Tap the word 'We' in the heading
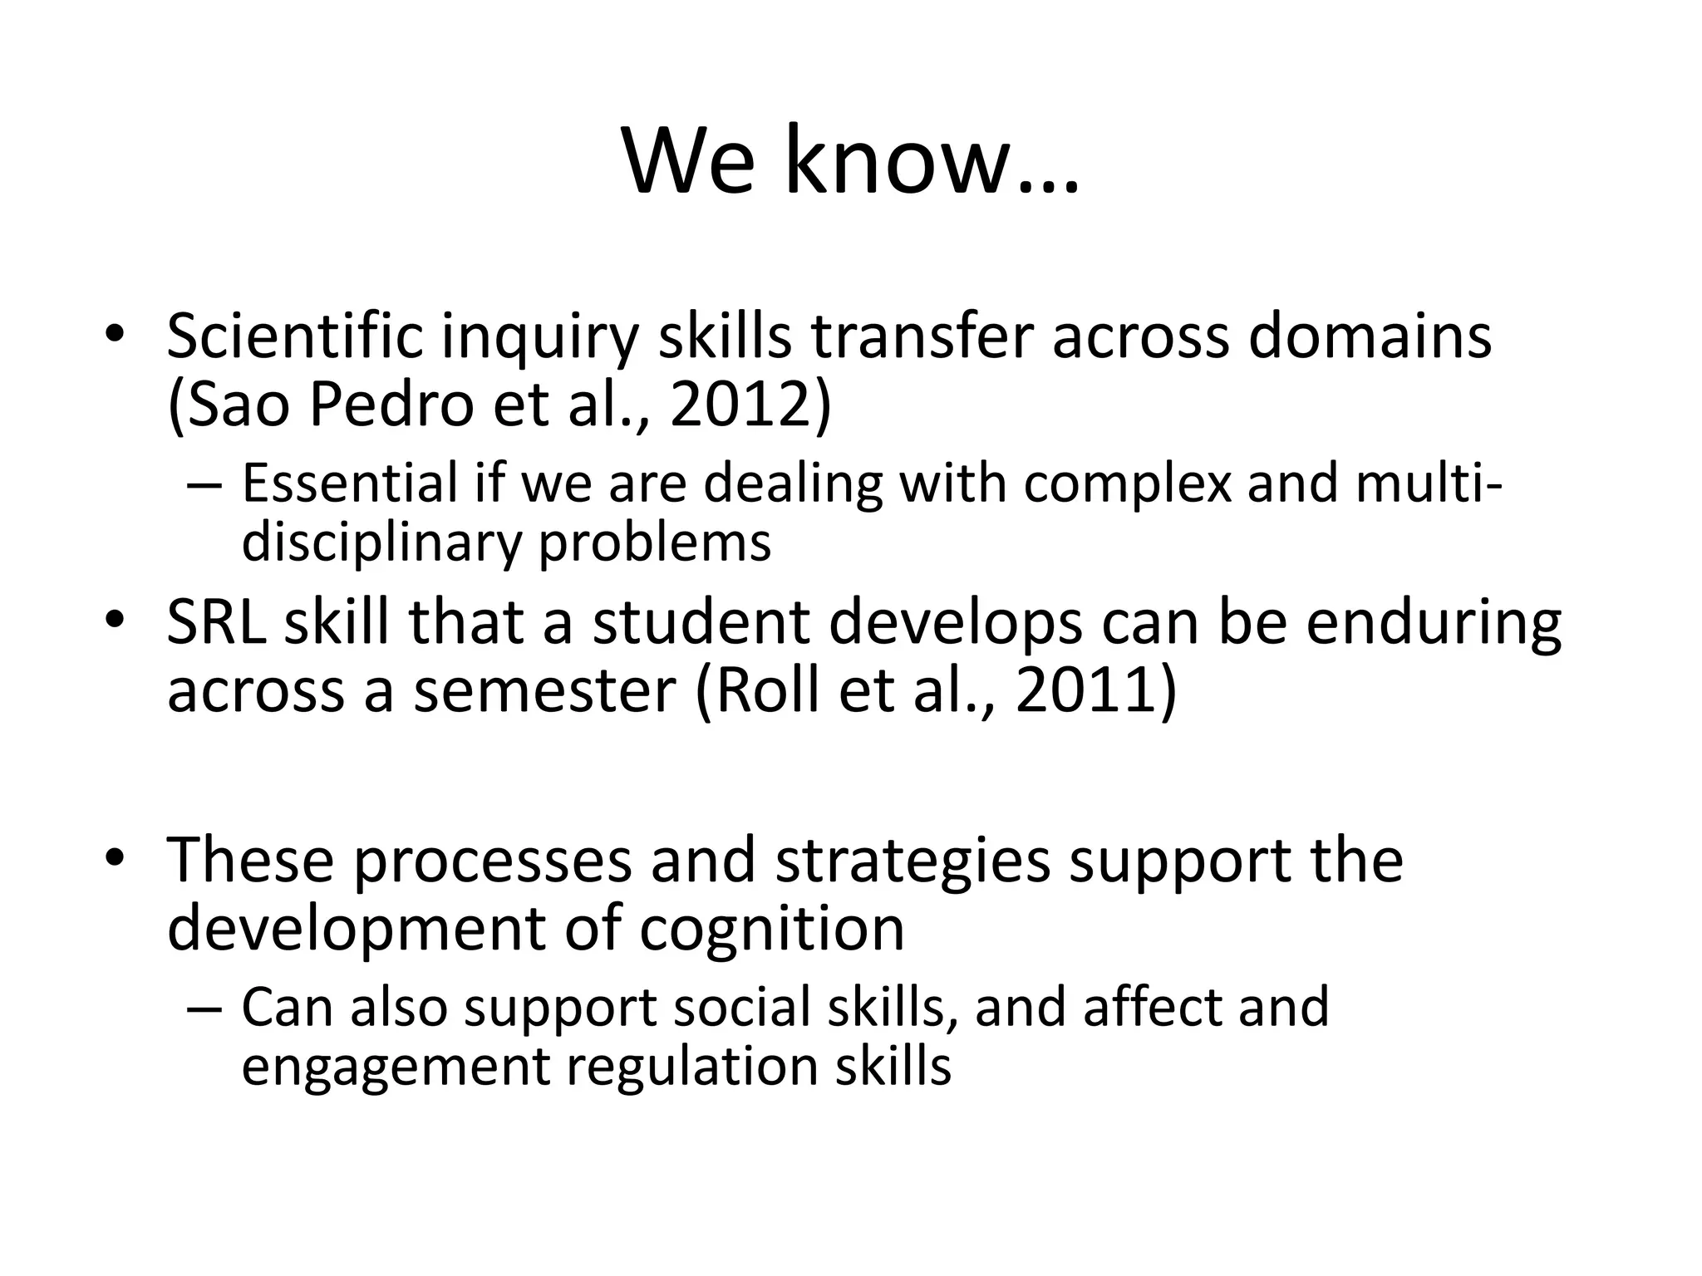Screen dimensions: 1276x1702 tap(691, 162)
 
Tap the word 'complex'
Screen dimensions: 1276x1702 tap(1126, 484)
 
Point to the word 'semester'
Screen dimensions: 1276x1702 tap(544, 691)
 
